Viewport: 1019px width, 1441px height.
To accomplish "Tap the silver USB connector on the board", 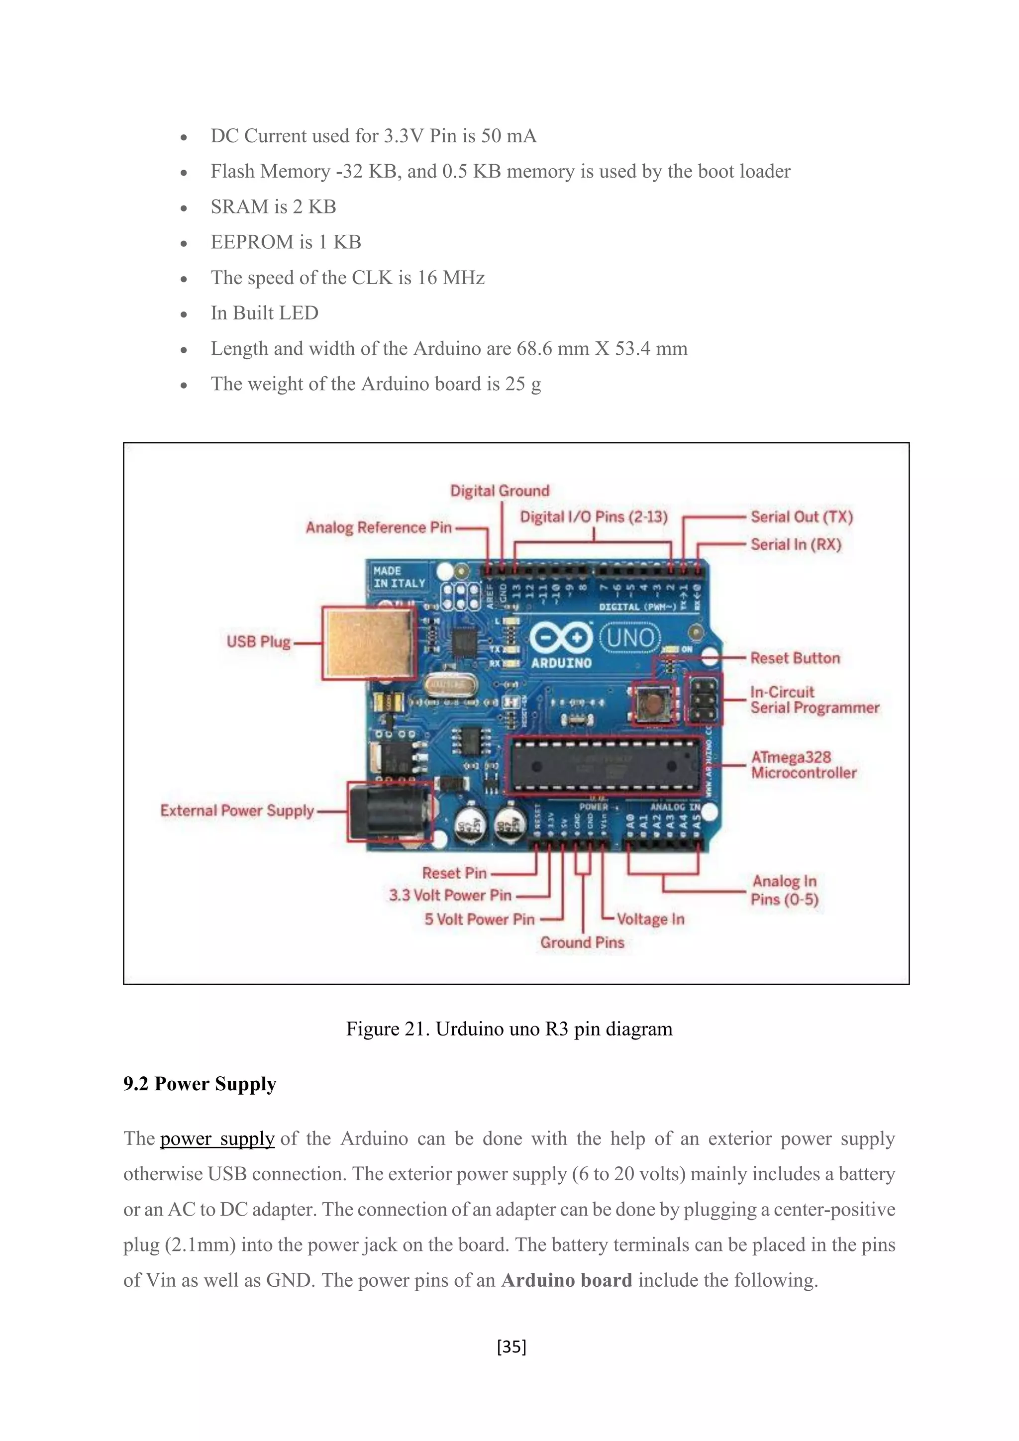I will tap(369, 643).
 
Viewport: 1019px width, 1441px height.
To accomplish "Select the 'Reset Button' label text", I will tap(795, 658).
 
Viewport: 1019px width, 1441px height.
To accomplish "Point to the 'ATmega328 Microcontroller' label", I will tap(803, 765).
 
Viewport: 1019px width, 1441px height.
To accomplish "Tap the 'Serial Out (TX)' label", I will tap(801, 517).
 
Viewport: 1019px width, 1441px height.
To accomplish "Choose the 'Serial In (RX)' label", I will tap(796, 545).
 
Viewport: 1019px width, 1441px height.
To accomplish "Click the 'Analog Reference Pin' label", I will tap(378, 528).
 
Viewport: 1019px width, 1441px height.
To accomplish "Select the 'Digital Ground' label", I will tap(500, 491).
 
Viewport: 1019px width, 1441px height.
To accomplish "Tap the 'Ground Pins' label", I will tap(582, 943).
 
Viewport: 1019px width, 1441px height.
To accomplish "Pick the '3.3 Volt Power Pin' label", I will tap(450, 896).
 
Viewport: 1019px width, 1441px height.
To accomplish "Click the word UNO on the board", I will tap(630, 639).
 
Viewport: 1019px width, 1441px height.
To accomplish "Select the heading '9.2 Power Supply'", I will tap(200, 1084).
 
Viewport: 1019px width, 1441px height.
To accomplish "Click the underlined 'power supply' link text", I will tap(217, 1138).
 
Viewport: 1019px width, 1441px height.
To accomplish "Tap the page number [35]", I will tap(511, 1346).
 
